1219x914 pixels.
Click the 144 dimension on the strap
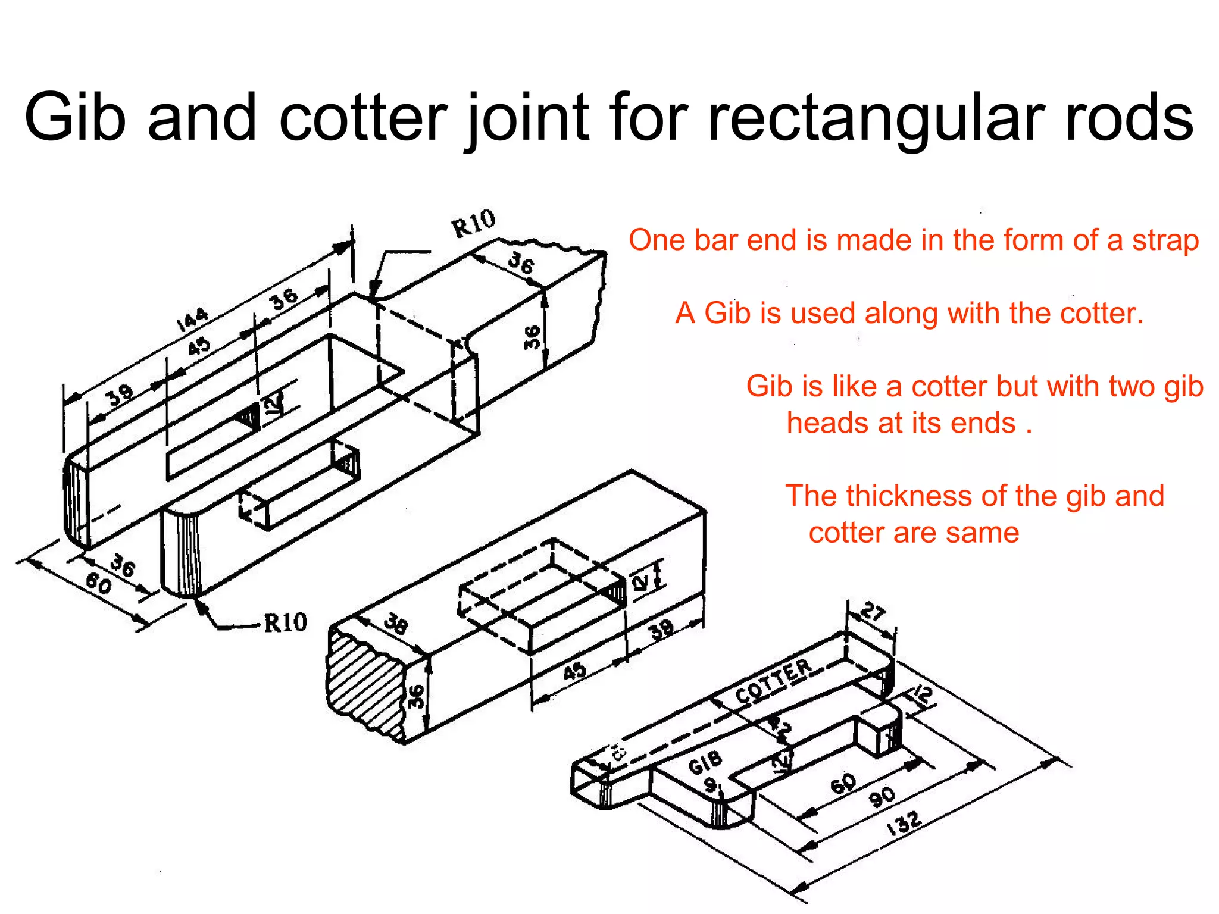192,320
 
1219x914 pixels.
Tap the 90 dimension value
882,796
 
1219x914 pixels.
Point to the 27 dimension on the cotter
873,612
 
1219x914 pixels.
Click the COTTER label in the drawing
773,681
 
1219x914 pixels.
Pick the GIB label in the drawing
705,762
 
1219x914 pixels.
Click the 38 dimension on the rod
396,624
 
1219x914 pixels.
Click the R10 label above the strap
473,224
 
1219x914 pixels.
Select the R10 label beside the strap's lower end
285,623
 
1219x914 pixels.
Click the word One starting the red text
654,240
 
